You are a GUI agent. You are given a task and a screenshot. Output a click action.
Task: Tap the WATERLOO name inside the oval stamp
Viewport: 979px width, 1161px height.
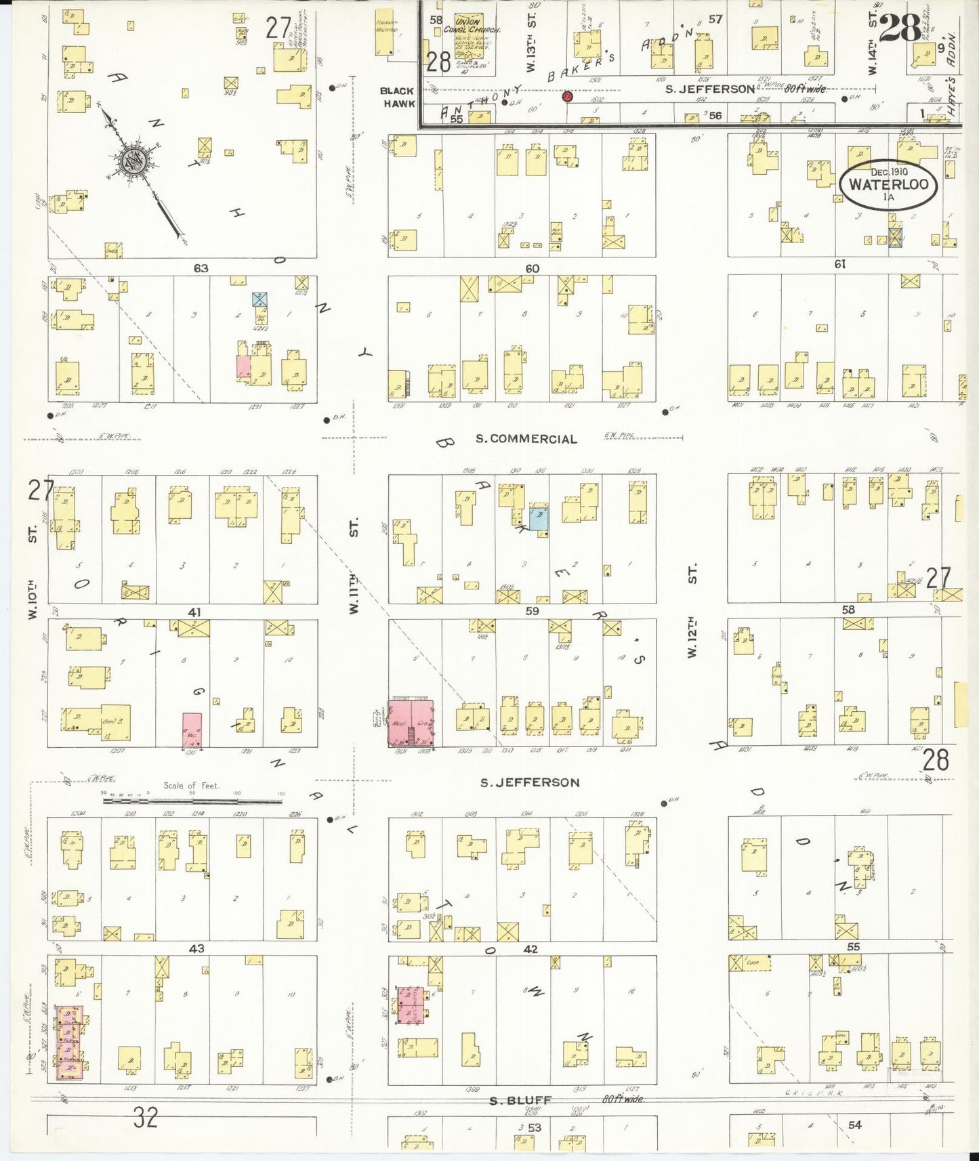pos(888,184)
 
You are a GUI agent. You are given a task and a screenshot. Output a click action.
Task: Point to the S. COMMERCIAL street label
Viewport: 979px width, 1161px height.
pos(526,439)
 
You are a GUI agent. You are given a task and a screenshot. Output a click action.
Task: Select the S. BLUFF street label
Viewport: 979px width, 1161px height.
pos(520,1101)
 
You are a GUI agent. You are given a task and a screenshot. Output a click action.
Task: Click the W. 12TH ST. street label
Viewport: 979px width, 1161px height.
pos(692,613)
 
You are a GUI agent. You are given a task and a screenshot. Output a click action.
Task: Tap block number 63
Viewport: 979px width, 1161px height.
pos(201,268)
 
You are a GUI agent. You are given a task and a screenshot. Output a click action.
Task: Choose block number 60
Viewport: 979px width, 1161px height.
pos(533,268)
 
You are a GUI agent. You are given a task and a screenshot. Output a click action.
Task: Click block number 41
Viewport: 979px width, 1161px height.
pos(195,612)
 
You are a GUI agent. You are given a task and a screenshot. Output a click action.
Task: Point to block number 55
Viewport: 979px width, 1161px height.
pos(853,947)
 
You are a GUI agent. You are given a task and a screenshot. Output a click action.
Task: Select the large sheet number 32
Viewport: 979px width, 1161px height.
pos(146,1118)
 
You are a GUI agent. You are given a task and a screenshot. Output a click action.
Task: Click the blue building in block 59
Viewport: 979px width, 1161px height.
pos(539,518)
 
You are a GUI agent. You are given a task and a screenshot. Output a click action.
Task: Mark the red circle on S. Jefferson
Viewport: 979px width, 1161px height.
pos(567,97)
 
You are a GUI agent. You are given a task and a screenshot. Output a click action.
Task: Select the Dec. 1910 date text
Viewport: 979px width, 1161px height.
pos(889,171)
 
